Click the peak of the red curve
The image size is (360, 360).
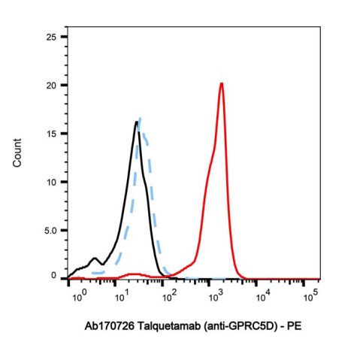coord(222,83)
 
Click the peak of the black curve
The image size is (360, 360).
coord(137,122)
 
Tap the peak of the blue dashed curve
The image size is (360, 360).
coord(141,118)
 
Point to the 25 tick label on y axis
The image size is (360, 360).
coord(51,36)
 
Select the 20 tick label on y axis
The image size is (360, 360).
coord(51,85)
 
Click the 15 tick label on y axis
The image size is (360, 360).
coord(51,133)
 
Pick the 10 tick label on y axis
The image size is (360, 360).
coord(51,182)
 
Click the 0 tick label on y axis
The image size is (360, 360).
coord(54,276)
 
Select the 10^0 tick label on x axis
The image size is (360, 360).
coord(78,297)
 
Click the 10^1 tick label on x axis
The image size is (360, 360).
coord(123,297)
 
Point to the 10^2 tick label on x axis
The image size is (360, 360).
coord(170,297)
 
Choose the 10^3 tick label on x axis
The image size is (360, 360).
coord(217,297)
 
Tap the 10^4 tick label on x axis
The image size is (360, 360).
coord(264,297)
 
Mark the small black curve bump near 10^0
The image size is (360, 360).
coord(95,259)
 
